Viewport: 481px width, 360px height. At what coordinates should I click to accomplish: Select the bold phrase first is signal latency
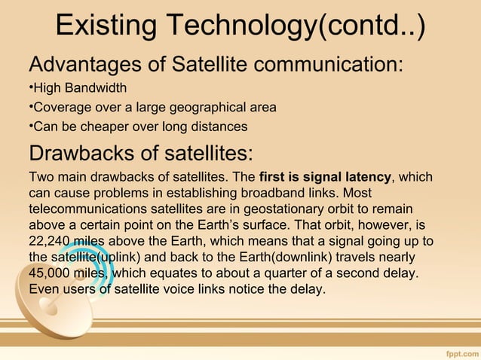coord(325,178)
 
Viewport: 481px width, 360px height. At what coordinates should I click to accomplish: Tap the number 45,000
coord(52,273)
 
